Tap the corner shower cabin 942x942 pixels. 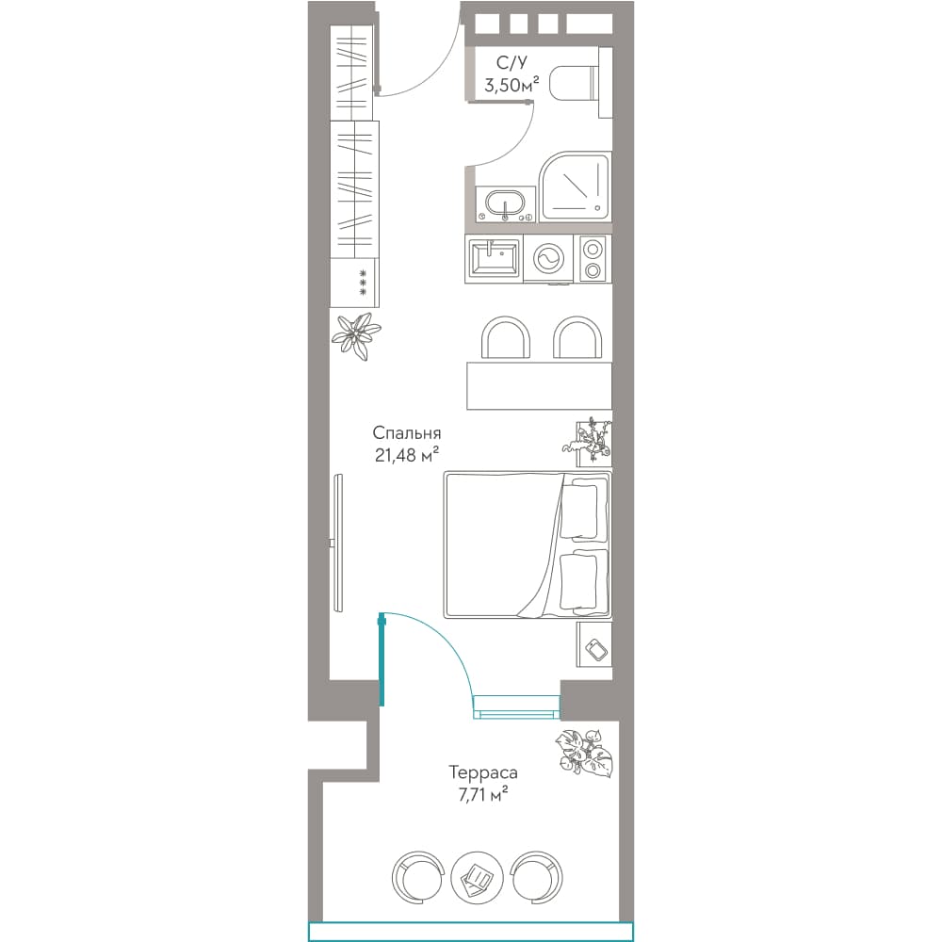coord(575,187)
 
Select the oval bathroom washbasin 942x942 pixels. coord(505,203)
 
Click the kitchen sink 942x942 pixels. coord(494,258)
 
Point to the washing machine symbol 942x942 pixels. coord(548,258)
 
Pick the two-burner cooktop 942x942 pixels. coord(593,259)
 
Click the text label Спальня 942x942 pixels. coord(407,433)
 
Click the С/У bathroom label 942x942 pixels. coord(512,62)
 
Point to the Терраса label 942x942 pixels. coord(483,772)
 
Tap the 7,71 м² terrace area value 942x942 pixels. coord(483,794)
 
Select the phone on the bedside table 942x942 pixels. coord(596,649)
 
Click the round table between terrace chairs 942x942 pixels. coord(477,876)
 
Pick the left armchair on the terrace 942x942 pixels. coord(418,876)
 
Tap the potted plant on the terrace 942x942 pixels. coord(584,754)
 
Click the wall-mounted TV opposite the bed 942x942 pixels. coord(338,544)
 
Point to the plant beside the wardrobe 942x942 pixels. coord(356,336)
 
